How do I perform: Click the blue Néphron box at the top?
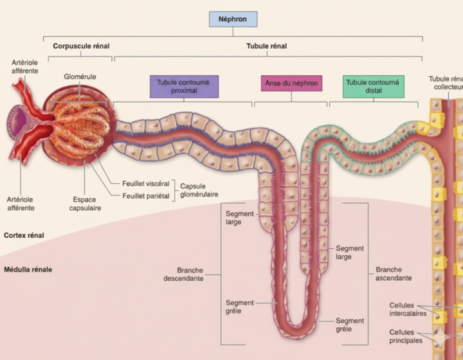click(233, 19)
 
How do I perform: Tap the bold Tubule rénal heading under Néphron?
click(266, 46)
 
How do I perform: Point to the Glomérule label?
click(80, 77)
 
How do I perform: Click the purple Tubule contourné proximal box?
click(183, 87)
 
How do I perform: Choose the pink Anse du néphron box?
click(291, 84)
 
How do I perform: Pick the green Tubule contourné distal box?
click(373, 87)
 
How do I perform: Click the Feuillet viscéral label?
click(146, 183)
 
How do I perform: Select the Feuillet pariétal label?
click(145, 195)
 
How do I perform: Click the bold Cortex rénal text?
click(24, 235)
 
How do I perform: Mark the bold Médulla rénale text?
click(28, 269)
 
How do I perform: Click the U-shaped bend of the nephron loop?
click(298, 332)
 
